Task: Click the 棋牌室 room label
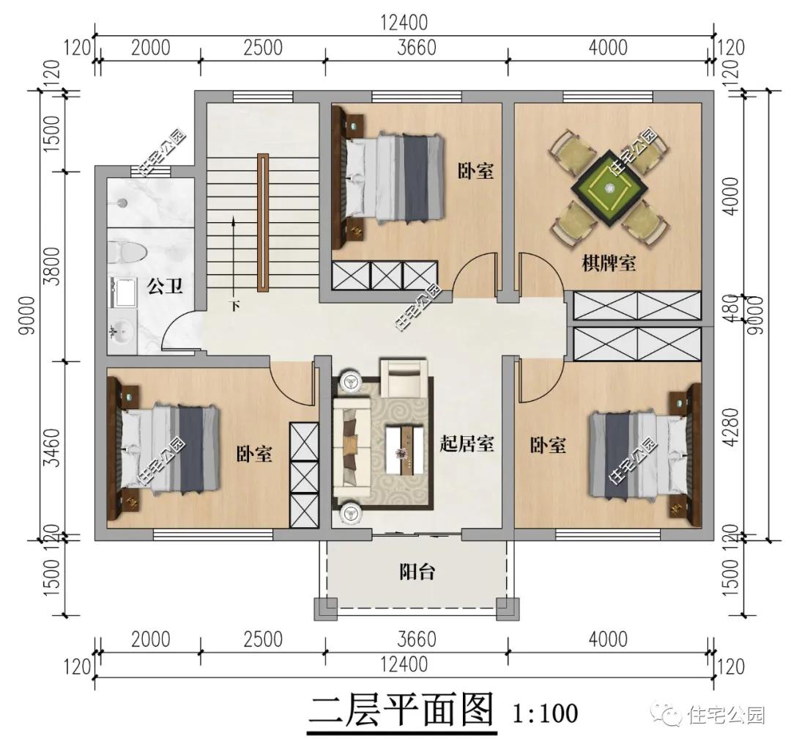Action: tap(609, 263)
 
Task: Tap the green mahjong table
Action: tap(610, 188)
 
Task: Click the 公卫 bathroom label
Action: tap(165, 287)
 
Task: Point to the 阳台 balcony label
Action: tap(417, 573)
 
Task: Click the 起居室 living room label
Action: tap(467, 444)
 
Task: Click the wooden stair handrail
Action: tap(263, 223)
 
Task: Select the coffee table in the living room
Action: tap(404, 450)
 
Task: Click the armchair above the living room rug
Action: tap(404, 378)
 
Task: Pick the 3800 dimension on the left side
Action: tap(52, 266)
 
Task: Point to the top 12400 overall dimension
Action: tap(404, 23)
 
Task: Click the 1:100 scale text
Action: tap(546, 714)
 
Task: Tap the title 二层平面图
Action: tap(401, 712)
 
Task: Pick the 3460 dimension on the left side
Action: tap(52, 447)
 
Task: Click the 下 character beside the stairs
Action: tap(235, 306)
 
